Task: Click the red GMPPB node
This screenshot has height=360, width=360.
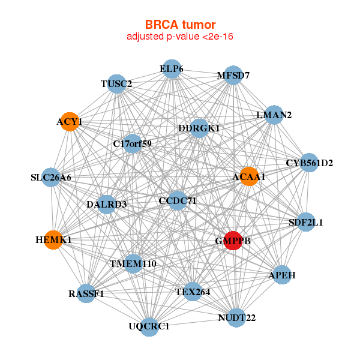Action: (233, 240)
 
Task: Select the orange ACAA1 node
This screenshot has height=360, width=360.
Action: (249, 176)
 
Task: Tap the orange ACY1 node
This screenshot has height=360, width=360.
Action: (70, 121)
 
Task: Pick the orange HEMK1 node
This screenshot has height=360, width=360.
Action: (54, 239)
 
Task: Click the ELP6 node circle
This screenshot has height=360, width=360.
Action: (172, 69)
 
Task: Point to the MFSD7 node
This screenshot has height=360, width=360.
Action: (233, 76)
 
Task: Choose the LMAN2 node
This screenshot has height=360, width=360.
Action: (274, 115)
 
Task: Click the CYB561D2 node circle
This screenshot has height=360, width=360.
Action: (309, 163)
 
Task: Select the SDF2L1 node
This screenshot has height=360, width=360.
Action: (306, 222)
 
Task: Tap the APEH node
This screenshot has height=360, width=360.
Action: (282, 275)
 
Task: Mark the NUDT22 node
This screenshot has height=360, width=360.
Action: (237, 317)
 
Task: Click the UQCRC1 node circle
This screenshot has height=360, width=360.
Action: (149, 326)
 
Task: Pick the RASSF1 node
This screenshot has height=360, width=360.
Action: (86, 293)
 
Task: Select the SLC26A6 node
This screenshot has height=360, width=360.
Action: (51, 178)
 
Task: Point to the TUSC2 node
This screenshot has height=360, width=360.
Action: (116, 84)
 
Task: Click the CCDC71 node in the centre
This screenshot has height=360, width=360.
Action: (178, 200)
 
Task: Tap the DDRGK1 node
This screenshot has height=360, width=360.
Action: (199, 128)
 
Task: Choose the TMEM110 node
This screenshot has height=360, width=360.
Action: (133, 263)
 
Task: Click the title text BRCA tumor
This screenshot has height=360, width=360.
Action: (179, 25)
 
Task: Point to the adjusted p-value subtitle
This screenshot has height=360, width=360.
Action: (179, 37)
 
